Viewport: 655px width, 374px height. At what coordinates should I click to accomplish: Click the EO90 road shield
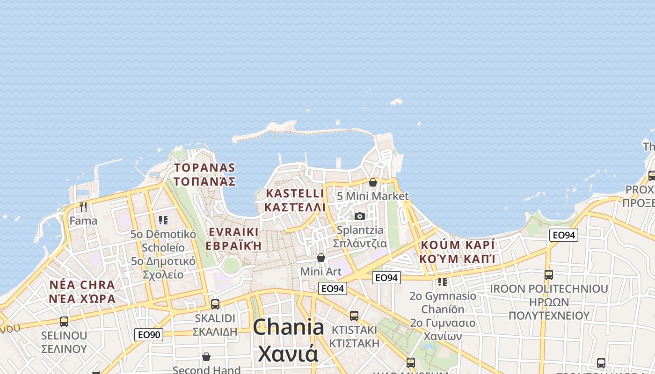(x=149, y=334)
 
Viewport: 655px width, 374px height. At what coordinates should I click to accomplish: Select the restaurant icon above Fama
(x=83, y=206)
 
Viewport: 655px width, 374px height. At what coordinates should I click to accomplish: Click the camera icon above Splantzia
(x=359, y=216)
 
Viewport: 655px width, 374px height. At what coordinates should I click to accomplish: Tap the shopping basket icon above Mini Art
(x=321, y=258)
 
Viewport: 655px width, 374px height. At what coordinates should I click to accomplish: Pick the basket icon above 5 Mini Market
(x=373, y=182)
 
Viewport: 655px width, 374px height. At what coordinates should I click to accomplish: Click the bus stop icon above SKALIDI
(x=215, y=304)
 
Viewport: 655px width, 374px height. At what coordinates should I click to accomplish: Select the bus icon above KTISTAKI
(x=354, y=316)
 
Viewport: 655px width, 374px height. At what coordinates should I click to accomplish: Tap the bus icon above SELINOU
(x=64, y=321)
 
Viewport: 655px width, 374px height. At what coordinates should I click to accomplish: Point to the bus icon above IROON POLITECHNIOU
(x=549, y=274)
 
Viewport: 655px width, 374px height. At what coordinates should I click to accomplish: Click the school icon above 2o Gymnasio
(x=442, y=282)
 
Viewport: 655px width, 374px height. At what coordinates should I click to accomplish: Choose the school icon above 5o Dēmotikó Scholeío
(x=163, y=220)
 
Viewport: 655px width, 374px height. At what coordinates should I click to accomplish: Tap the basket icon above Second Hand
(x=206, y=357)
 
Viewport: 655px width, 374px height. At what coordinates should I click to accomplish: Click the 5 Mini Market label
(x=372, y=196)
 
